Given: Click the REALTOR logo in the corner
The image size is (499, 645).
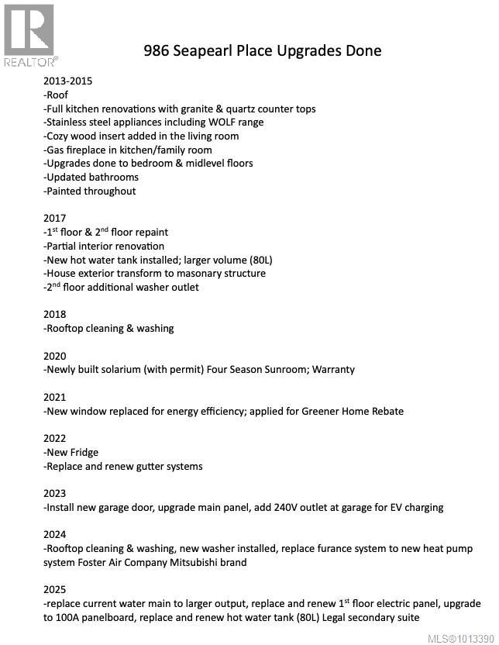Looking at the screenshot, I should coord(29,34).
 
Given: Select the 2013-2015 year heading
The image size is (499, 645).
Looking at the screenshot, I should coord(68,81).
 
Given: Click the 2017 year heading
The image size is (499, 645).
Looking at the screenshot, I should coord(55,218).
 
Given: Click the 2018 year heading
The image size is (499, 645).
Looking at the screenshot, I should coord(55,314).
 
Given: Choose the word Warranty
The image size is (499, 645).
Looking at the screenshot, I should coord(333,370).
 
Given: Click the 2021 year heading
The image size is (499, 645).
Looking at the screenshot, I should coord(55,397).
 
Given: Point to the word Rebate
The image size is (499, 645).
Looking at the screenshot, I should coord(385,411).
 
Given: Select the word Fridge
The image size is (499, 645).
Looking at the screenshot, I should coord(84,453).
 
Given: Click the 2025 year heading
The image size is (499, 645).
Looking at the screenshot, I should coord(55,589).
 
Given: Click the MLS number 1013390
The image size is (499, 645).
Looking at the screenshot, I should coord(475,638).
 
